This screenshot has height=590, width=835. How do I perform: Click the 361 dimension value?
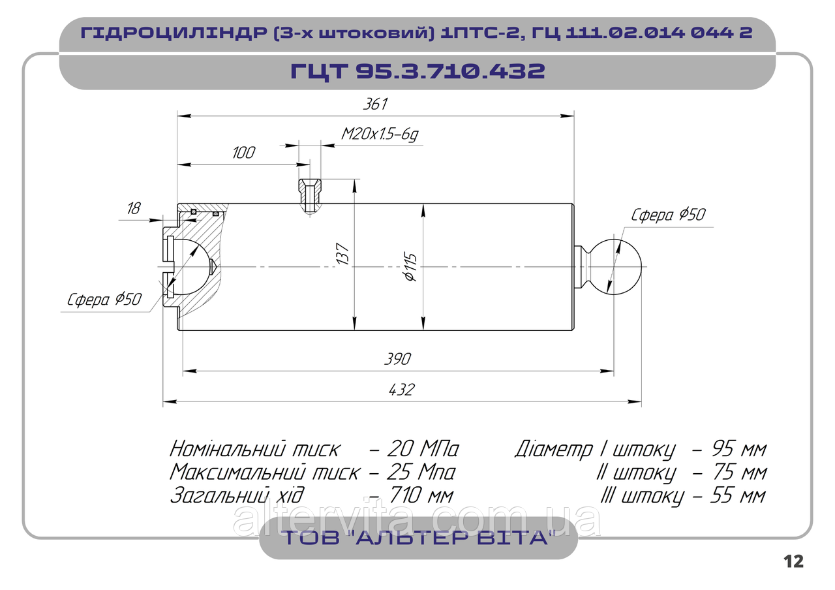coord(375,104)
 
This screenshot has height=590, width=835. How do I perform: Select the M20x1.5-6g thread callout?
coord(380,134)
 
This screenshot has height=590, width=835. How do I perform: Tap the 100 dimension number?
coord(243,153)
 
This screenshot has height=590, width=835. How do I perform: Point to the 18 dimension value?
coord(134,208)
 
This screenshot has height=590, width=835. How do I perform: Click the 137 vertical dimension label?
coord(342,254)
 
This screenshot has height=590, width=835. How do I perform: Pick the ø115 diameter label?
coord(410,267)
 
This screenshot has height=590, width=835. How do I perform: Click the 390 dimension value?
coord(397,359)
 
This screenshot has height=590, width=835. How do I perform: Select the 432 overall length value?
coord(401,390)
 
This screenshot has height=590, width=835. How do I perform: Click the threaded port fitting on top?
coord(310,195)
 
